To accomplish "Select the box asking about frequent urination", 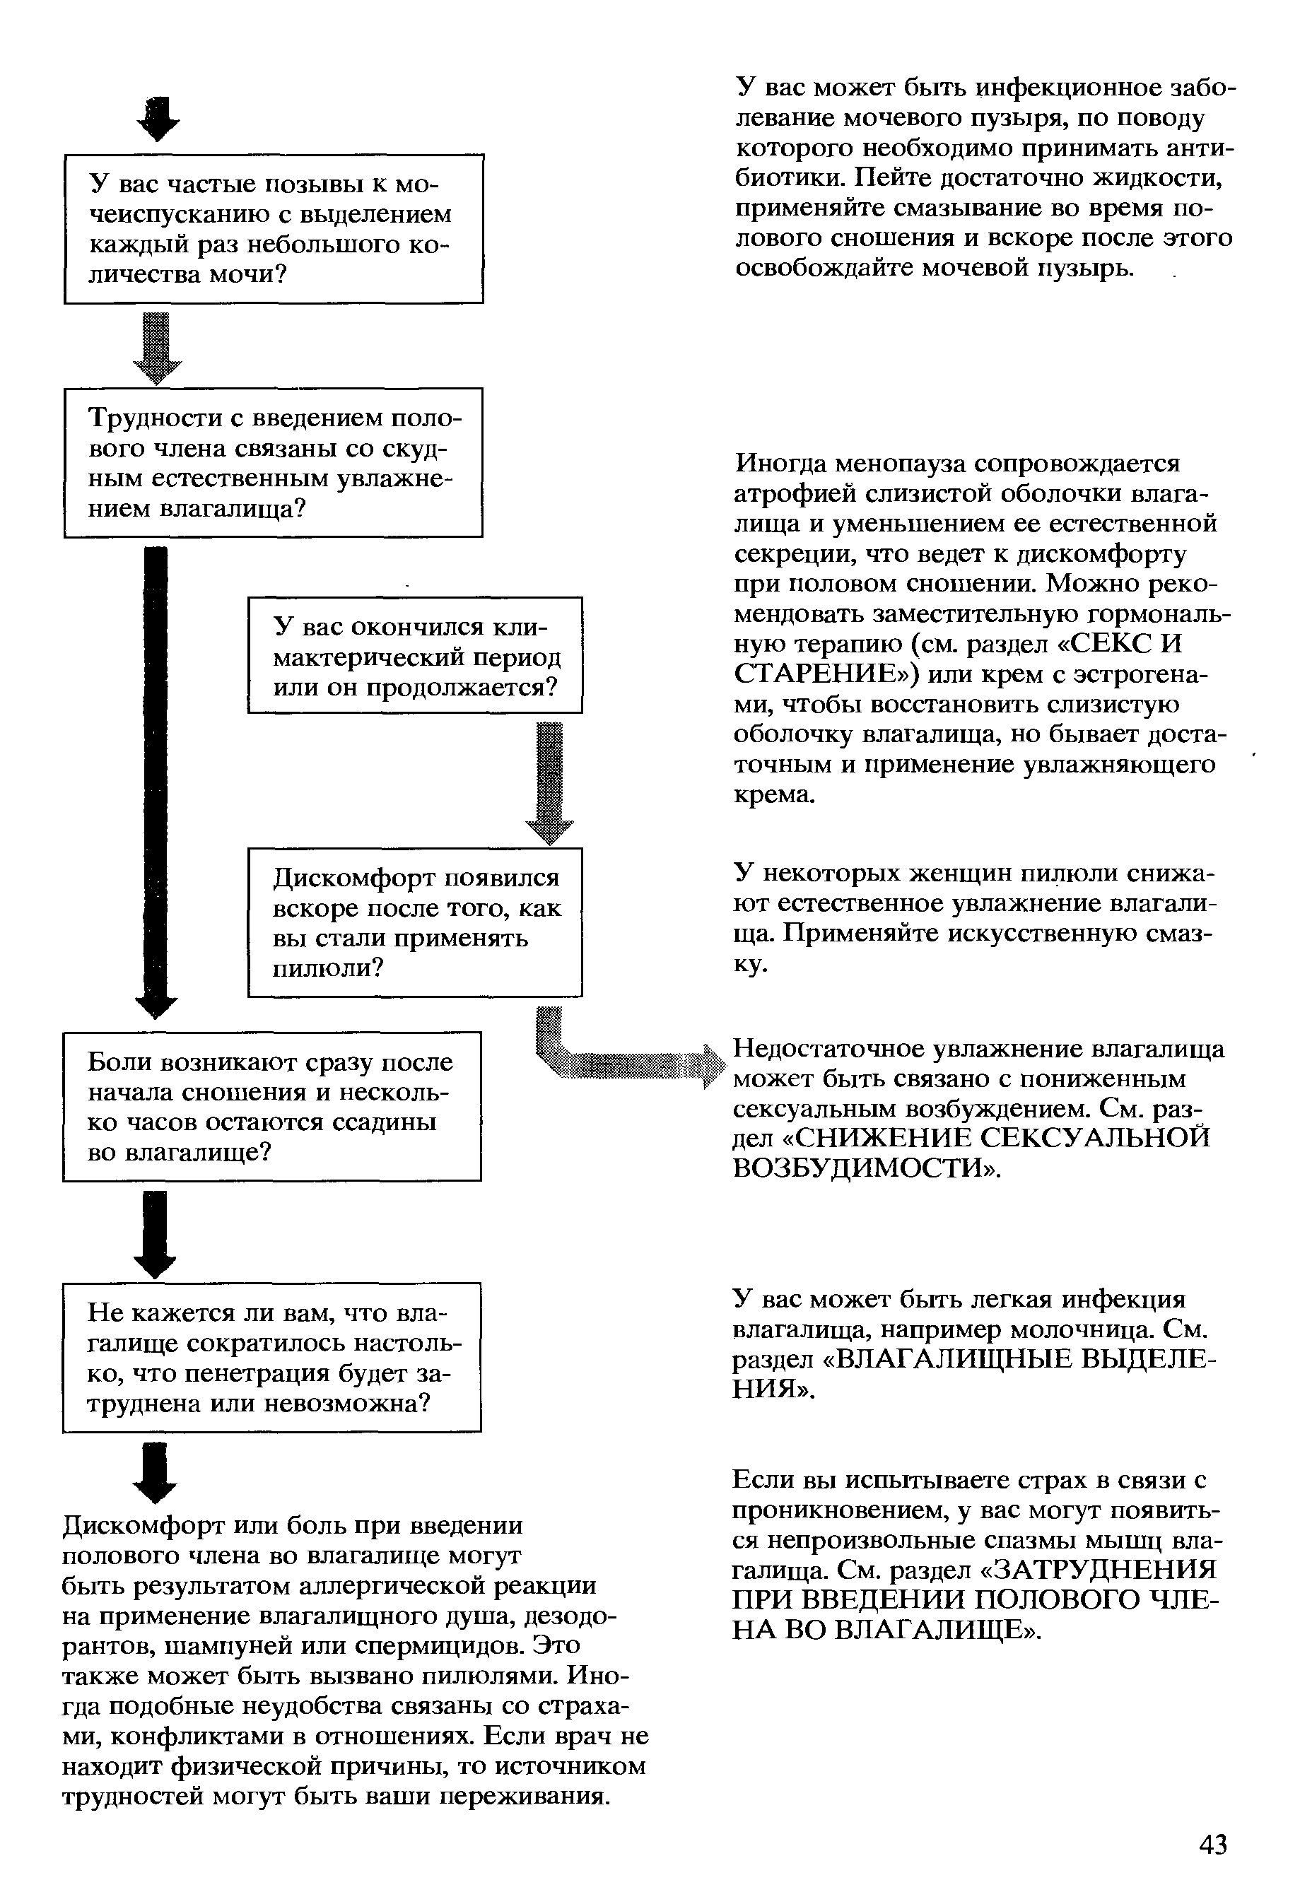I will pos(274,229).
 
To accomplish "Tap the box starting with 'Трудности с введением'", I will pos(274,463).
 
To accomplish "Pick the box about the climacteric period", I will pos(416,656).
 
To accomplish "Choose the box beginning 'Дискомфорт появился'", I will pos(416,922).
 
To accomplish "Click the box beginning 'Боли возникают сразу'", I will pos(272,1107).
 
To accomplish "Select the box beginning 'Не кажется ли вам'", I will pos(272,1358).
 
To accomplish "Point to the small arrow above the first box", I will pos(159,119).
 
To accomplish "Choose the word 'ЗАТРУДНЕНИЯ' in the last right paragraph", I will pos(1107,1570).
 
